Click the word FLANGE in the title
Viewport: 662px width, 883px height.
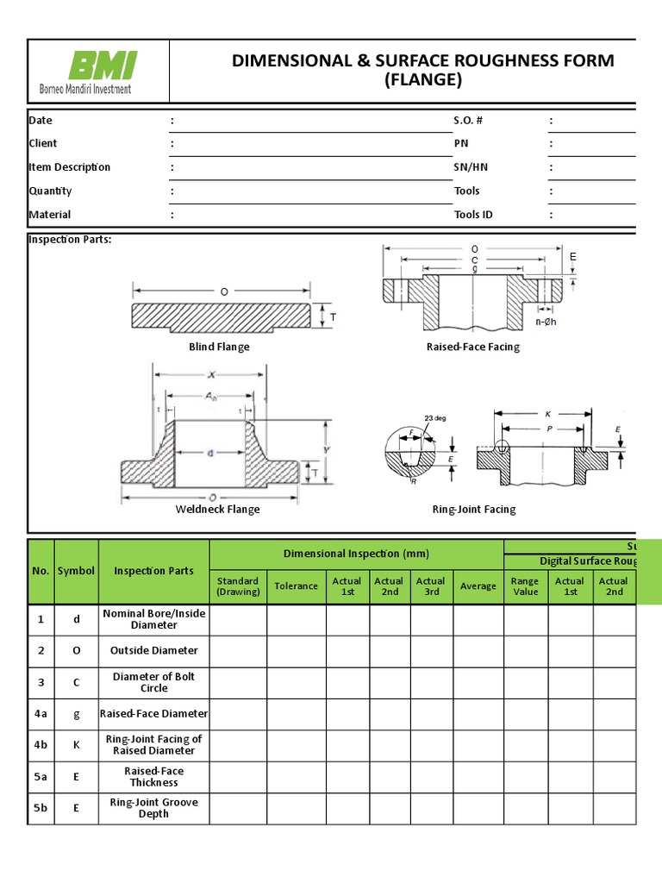(422, 80)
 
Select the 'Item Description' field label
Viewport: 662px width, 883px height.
(70, 167)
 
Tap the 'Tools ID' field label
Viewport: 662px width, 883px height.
(473, 215)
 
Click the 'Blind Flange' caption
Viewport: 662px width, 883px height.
(219, 347)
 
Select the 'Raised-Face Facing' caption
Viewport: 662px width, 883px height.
(473, 347)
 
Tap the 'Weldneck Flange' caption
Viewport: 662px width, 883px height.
(217, 510)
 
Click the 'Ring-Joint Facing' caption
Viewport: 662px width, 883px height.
(474, 510)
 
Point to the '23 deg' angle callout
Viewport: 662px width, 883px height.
(436, 418)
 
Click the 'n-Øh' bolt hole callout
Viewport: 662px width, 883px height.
(546, 323)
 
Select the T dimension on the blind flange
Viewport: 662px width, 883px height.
(333, 318)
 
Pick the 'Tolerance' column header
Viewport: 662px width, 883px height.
(296, 586)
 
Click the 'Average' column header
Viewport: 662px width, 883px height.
(478, 586)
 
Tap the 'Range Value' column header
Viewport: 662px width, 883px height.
(525, 586)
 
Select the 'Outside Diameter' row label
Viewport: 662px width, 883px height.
(153, 651)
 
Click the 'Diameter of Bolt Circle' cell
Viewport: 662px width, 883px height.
(153, 683)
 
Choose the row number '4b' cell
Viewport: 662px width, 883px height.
(41, 745)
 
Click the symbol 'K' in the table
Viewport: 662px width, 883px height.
(76, 745)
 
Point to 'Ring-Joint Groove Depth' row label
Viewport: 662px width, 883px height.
(153, 808)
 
